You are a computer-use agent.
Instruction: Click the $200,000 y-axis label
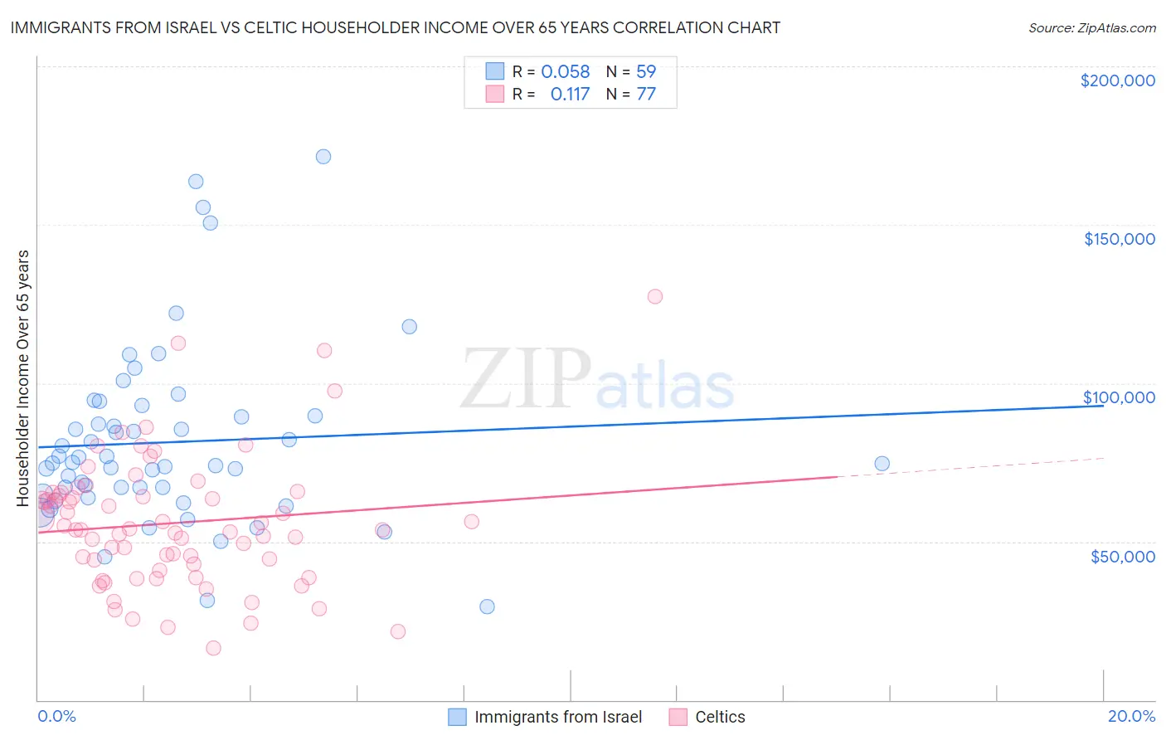tap(1117, 80)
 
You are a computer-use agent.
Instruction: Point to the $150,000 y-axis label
tap(1119, 239)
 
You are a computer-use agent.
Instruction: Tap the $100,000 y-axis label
tap(1119, 397)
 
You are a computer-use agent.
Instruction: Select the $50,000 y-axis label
tap(1122, 556)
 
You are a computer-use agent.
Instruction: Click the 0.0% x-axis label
tap(56, 716)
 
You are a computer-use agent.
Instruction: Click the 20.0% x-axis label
tap(1131, 716)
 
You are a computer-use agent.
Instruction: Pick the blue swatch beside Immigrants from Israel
tap(457, 717)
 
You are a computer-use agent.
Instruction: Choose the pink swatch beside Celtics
tap(678, 717)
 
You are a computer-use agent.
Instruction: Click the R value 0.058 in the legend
tap(565, 72)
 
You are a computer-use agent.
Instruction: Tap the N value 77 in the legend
tap(646, 95)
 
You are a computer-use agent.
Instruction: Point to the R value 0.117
tap(570, 95)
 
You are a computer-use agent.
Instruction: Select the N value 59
tap(646, 72)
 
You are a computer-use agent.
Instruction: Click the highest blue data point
tap(323, 157)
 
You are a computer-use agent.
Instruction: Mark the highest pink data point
tap(655, 296)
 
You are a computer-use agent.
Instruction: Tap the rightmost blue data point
tap(882, 464)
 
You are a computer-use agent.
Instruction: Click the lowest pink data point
tap(213, 648)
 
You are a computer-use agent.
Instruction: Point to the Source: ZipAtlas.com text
tap(1091, 28)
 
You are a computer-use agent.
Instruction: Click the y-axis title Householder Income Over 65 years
tap(23, 377)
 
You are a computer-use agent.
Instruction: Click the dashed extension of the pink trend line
tap(970, 467)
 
